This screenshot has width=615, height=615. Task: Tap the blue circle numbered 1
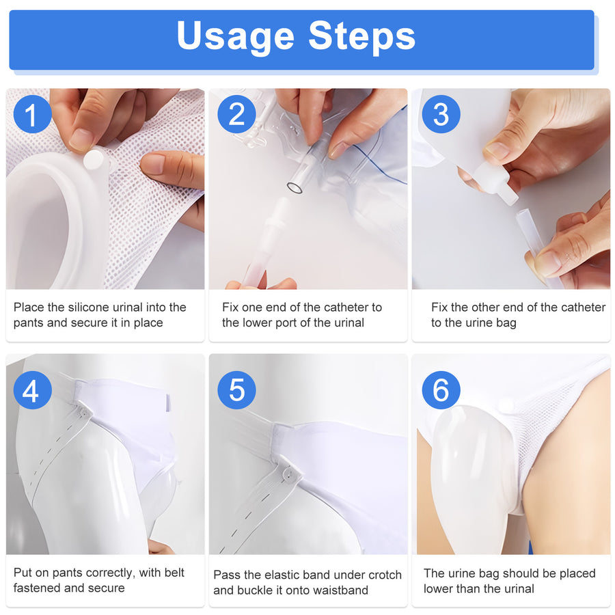click(x=31, y=114)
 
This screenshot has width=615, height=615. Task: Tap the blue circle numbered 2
click(x=236, y=114)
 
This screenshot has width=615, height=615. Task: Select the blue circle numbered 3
click(x=441, y=114)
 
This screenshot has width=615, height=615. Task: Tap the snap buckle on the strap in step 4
click(x=83, y=413)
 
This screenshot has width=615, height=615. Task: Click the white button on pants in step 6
click(x=506, y=405)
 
